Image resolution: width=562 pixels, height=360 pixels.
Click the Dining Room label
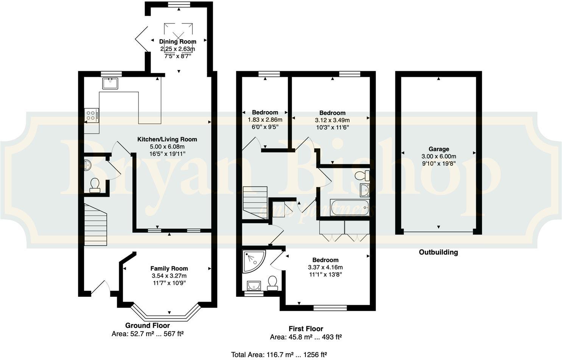coord(177,42)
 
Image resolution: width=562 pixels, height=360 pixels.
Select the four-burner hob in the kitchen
coord(92,115)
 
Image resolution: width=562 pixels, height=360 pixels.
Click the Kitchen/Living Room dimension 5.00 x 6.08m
coord(167,146)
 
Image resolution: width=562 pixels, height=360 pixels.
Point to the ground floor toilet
coord(94,185)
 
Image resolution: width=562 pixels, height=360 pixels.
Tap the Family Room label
coord(169,268)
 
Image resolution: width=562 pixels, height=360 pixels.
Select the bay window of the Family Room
coord(165,312)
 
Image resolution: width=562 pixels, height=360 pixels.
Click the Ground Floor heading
coord(148,326)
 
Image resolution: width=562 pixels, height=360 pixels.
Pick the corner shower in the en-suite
coord(252,261)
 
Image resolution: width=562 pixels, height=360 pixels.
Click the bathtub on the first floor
coord(349,208)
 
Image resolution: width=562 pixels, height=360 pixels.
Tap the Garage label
coord(439,149)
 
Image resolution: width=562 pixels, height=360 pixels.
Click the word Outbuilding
coord(438,252)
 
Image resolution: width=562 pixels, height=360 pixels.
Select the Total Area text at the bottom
coord(279,354)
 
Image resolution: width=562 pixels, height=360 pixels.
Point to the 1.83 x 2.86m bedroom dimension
coord(265,119)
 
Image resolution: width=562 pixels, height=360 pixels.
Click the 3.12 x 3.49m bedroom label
coord(332,113)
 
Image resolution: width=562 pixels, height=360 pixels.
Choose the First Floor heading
coord(306,329)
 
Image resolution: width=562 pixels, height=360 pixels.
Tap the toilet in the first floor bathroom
coord(362,176)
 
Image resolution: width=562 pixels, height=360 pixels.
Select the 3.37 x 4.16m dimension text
coord(325,267)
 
